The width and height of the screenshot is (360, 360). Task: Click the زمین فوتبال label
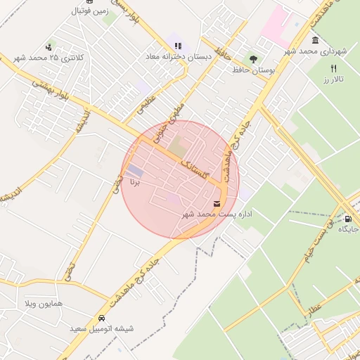(89, 11)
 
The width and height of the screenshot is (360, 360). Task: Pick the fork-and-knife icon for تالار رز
(333, 68)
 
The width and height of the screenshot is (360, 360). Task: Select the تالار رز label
(333, 79)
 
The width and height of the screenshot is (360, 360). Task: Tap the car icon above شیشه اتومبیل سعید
(102, 317)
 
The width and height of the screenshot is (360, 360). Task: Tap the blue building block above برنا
(134, 171)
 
